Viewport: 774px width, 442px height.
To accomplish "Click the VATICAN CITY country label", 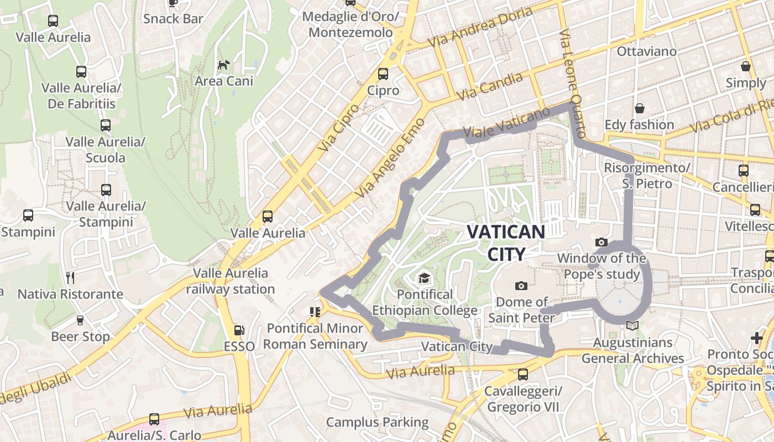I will coord(506,242).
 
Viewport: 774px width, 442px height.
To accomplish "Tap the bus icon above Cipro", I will coord(383,74).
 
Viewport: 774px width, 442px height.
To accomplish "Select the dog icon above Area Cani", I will coord(223,65).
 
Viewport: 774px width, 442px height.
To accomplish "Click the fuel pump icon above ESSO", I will coord(239,330).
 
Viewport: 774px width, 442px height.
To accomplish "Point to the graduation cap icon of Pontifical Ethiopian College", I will coord(424,277).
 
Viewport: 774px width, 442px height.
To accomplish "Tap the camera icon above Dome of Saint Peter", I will coord(521,286).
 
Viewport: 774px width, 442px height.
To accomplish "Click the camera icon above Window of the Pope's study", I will coord(601,242).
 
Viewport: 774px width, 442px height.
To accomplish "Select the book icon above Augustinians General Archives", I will coord(632,326).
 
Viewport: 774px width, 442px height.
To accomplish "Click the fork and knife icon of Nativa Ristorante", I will coord(70,277).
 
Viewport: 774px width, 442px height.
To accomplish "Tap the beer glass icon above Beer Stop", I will coord(80,320).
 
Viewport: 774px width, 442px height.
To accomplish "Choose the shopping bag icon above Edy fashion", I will coord(640,108).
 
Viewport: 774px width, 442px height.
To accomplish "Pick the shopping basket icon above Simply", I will coord(746,66).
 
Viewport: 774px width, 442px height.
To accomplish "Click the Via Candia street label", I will coord(490,87).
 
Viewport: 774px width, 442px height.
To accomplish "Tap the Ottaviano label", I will coord(646,51).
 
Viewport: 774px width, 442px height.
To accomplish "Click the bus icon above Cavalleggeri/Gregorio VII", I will coord(522,375).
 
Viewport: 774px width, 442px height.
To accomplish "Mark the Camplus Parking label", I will coord(377,423).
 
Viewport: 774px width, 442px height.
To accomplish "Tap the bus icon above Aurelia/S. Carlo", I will coord(154,419).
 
